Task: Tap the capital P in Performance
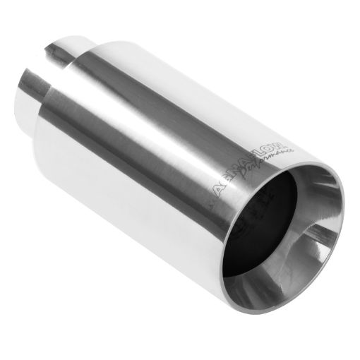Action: pos(245,178)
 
